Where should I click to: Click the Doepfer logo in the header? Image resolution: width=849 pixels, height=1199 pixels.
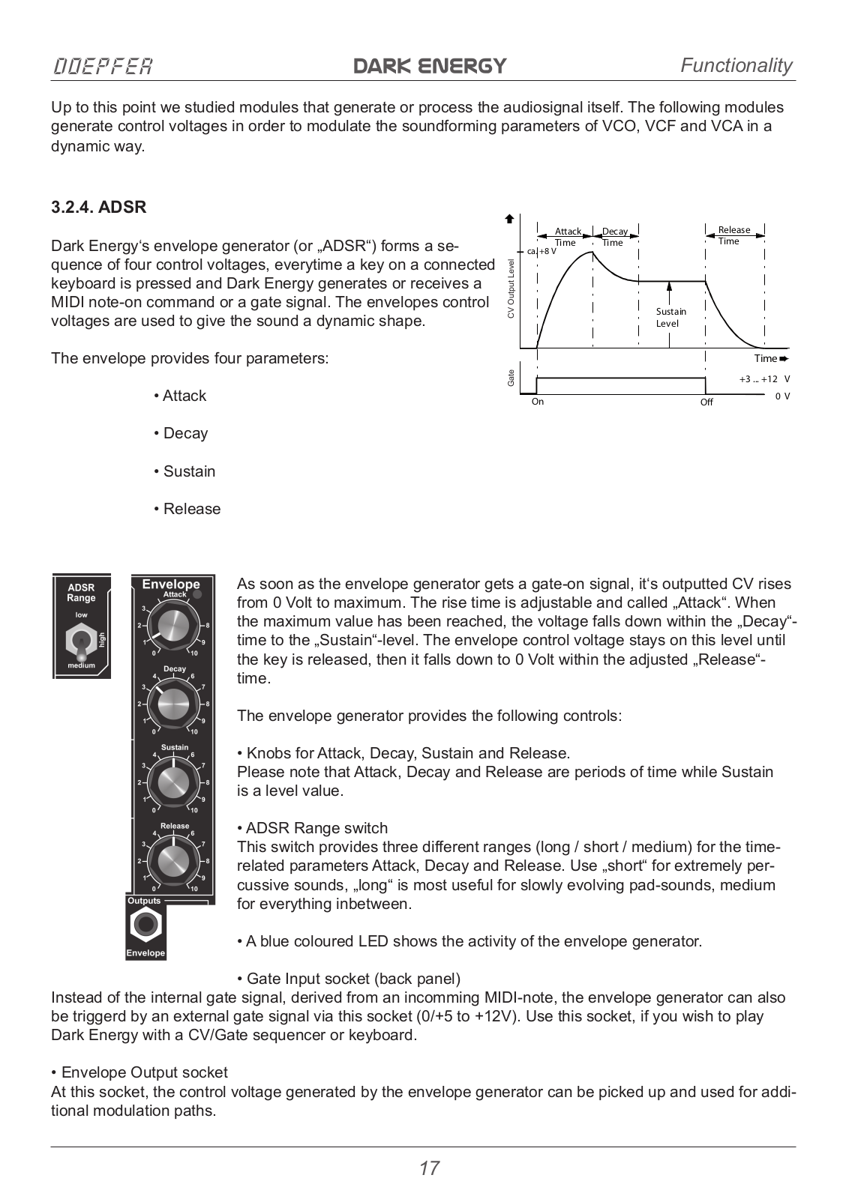(102, 66)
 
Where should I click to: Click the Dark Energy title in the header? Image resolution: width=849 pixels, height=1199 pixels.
(430, 66)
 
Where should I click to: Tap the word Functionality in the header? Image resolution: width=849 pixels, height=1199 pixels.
(736, 65)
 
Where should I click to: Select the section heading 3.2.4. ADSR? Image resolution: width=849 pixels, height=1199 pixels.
(98, 208)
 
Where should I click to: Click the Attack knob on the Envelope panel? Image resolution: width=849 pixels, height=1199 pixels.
(173, 625)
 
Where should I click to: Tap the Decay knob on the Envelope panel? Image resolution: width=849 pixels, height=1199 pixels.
(173, 703)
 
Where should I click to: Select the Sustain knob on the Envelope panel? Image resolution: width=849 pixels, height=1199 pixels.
(173, 782)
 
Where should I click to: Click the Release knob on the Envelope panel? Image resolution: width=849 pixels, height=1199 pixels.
(173, 860)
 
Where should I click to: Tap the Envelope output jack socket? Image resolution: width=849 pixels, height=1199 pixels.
(145, 925)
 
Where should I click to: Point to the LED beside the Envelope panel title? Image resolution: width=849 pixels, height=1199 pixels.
(197, 594)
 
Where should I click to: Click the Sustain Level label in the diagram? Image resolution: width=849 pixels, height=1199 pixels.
(670, 318)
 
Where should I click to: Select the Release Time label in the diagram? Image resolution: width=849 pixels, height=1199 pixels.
(733, 235)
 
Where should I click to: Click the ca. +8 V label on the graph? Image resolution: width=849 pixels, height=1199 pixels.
(541, 252)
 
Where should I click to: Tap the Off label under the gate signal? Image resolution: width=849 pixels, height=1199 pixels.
(706, 402)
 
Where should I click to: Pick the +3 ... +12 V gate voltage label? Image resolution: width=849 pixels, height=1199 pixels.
(763, 379)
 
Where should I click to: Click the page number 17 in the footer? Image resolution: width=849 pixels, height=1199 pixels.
(429, 1168)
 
